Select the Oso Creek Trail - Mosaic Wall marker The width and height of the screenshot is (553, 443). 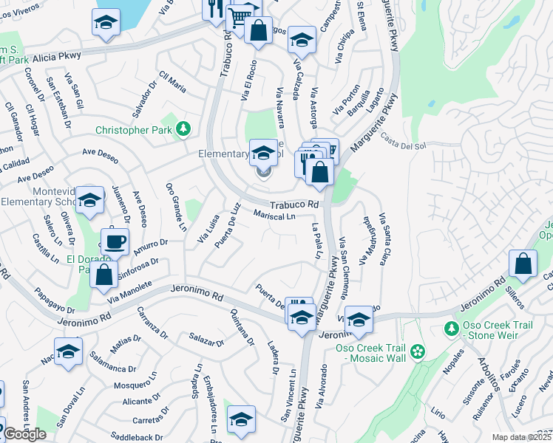[x=418, y=351]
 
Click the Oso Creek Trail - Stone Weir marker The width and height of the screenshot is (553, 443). [x=451, y=327]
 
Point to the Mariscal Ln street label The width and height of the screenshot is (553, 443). [x=274, y=216]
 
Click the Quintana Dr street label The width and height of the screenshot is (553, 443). [x=242, y=326]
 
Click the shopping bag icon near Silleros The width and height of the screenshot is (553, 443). [x=523, y=264]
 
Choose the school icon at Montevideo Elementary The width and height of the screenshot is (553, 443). [x=90, y=200]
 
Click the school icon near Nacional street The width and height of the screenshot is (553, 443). [x=68, y=351]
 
